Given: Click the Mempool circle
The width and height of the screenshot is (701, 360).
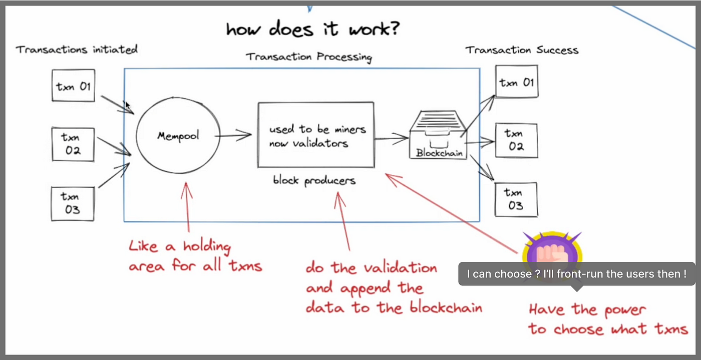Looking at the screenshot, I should [177, 136].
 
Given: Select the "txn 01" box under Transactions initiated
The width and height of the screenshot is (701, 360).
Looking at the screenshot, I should [73, 86].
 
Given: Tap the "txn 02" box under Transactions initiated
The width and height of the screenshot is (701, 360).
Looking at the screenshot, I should [73, 144].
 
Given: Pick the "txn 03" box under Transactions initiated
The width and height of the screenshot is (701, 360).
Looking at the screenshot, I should [73, 202].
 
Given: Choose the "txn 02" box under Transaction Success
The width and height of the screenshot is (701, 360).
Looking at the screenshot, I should [516, 140].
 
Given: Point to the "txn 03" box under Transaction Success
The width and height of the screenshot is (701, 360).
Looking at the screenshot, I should [516, 199].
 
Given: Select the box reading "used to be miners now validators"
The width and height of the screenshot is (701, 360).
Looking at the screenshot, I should [315, 135].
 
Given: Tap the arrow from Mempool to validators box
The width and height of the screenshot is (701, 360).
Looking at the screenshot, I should [235, 135].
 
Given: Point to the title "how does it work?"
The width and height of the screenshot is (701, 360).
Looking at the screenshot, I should [312, 29].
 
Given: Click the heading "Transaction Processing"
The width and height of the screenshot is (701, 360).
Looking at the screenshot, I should [309, 57].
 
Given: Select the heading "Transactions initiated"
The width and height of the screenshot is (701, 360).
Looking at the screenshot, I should [77, 49].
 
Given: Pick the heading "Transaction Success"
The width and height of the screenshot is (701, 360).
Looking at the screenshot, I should [522, 50].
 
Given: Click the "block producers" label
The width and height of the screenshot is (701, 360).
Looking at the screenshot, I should [314, 180].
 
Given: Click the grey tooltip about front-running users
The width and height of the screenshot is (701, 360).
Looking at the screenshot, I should [576, 274].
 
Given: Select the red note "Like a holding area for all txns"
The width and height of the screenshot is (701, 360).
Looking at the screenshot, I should [195, 256].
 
